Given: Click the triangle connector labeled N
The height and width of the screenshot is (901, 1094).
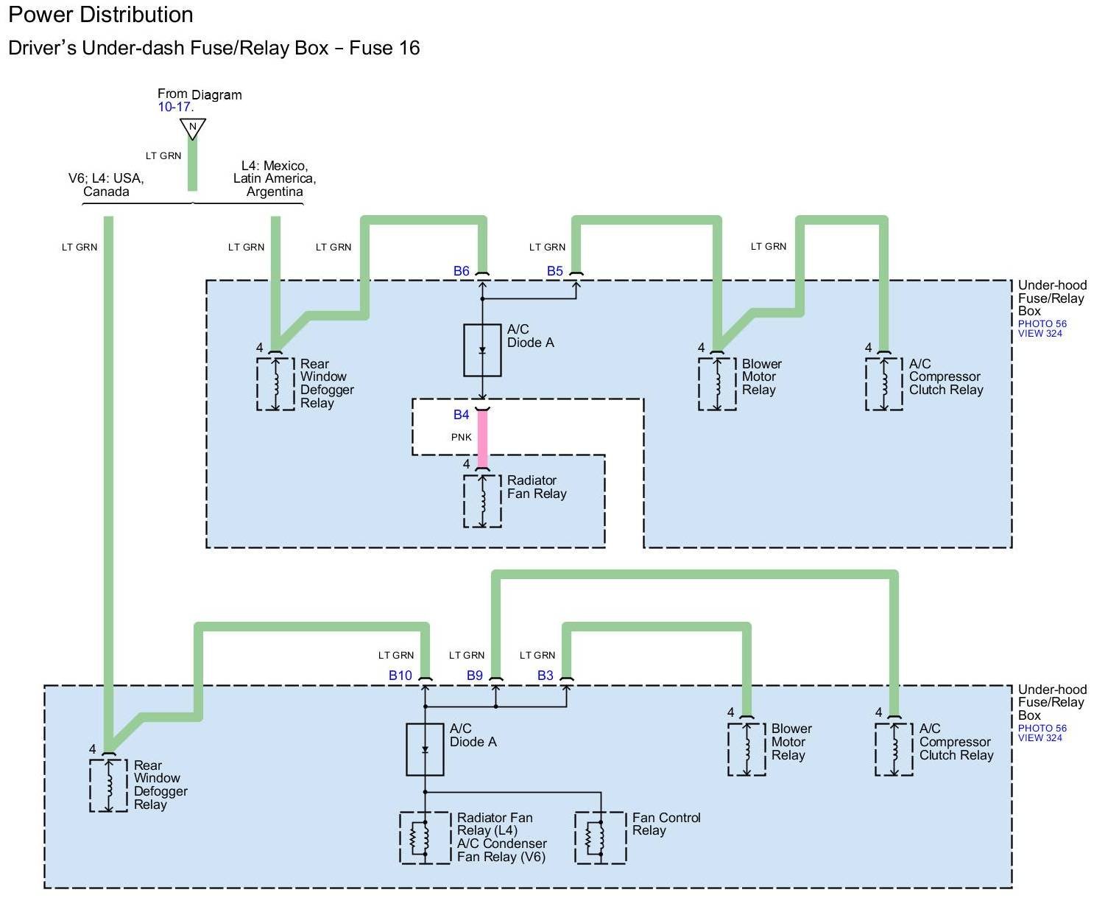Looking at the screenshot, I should [x=193, y=128].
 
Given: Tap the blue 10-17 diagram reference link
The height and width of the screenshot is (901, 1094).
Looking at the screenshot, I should [x=174, y=108].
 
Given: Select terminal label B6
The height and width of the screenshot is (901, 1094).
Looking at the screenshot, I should [x=462, y=271].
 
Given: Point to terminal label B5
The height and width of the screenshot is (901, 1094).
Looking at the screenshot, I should [x=555, y=271].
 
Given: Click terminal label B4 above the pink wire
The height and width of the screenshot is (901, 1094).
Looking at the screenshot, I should [x=462, y=415].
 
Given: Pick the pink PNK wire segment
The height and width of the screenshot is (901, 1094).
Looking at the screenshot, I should [x=483, y=438].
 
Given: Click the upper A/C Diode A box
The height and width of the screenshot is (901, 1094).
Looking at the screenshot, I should [x=482, y=350].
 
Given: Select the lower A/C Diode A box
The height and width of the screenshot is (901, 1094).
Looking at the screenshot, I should [x=425, y=749].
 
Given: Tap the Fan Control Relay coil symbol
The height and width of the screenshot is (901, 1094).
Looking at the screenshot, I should [x=600, y=838].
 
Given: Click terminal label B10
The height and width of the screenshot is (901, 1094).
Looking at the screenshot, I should [x=400, y=676].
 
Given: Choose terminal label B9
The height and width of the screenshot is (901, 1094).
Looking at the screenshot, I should [x=475, y=676].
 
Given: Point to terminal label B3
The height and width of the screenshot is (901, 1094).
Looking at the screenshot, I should [x=546, y=676].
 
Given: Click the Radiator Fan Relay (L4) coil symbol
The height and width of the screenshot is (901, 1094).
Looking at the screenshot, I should [x=425, y=838].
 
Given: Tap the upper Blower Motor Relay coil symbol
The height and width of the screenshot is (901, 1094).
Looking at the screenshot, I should [x=717, y=384].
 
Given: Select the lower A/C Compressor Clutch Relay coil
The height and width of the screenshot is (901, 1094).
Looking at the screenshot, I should [x=894, y=749].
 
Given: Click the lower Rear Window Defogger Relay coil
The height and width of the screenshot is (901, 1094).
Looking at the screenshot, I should [x=108, y=785].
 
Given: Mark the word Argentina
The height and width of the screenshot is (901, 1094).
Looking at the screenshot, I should [x=275, y=192].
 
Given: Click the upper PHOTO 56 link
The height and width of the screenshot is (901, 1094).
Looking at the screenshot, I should [x=1042, y=324].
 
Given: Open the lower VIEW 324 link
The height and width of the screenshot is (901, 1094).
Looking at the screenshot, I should [x=1040, y=738].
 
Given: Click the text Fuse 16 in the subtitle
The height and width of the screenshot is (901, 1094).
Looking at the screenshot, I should [x=384, y=49].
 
